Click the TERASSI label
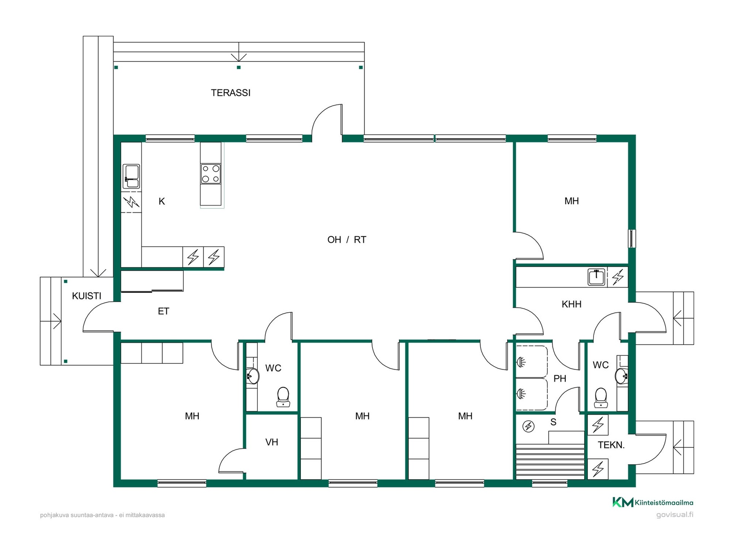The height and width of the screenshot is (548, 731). point(231,93)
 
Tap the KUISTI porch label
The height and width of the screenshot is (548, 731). point(87,296)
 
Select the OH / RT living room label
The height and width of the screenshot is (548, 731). point(346,240)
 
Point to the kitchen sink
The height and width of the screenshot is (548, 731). point(131,176)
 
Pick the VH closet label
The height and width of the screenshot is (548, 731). point(271,442)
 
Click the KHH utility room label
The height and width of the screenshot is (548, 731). point(571,304)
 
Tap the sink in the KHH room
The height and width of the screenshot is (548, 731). point(596,277)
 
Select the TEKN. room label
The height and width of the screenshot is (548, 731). point(611,445)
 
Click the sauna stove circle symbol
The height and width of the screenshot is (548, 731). point(528,426)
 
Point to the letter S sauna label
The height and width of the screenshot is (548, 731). point(553,422)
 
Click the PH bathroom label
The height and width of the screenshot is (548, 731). point(560,379)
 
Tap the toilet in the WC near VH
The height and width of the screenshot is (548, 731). point(283,397)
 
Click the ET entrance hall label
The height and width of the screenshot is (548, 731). point(163,311)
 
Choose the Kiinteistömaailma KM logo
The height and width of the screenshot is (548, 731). point(623,502)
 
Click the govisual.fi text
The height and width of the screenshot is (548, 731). point(675,515)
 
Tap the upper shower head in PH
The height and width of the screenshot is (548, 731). point(520,361)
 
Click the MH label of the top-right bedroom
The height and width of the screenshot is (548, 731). point(571,201)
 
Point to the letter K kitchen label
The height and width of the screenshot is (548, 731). point(162,202)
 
